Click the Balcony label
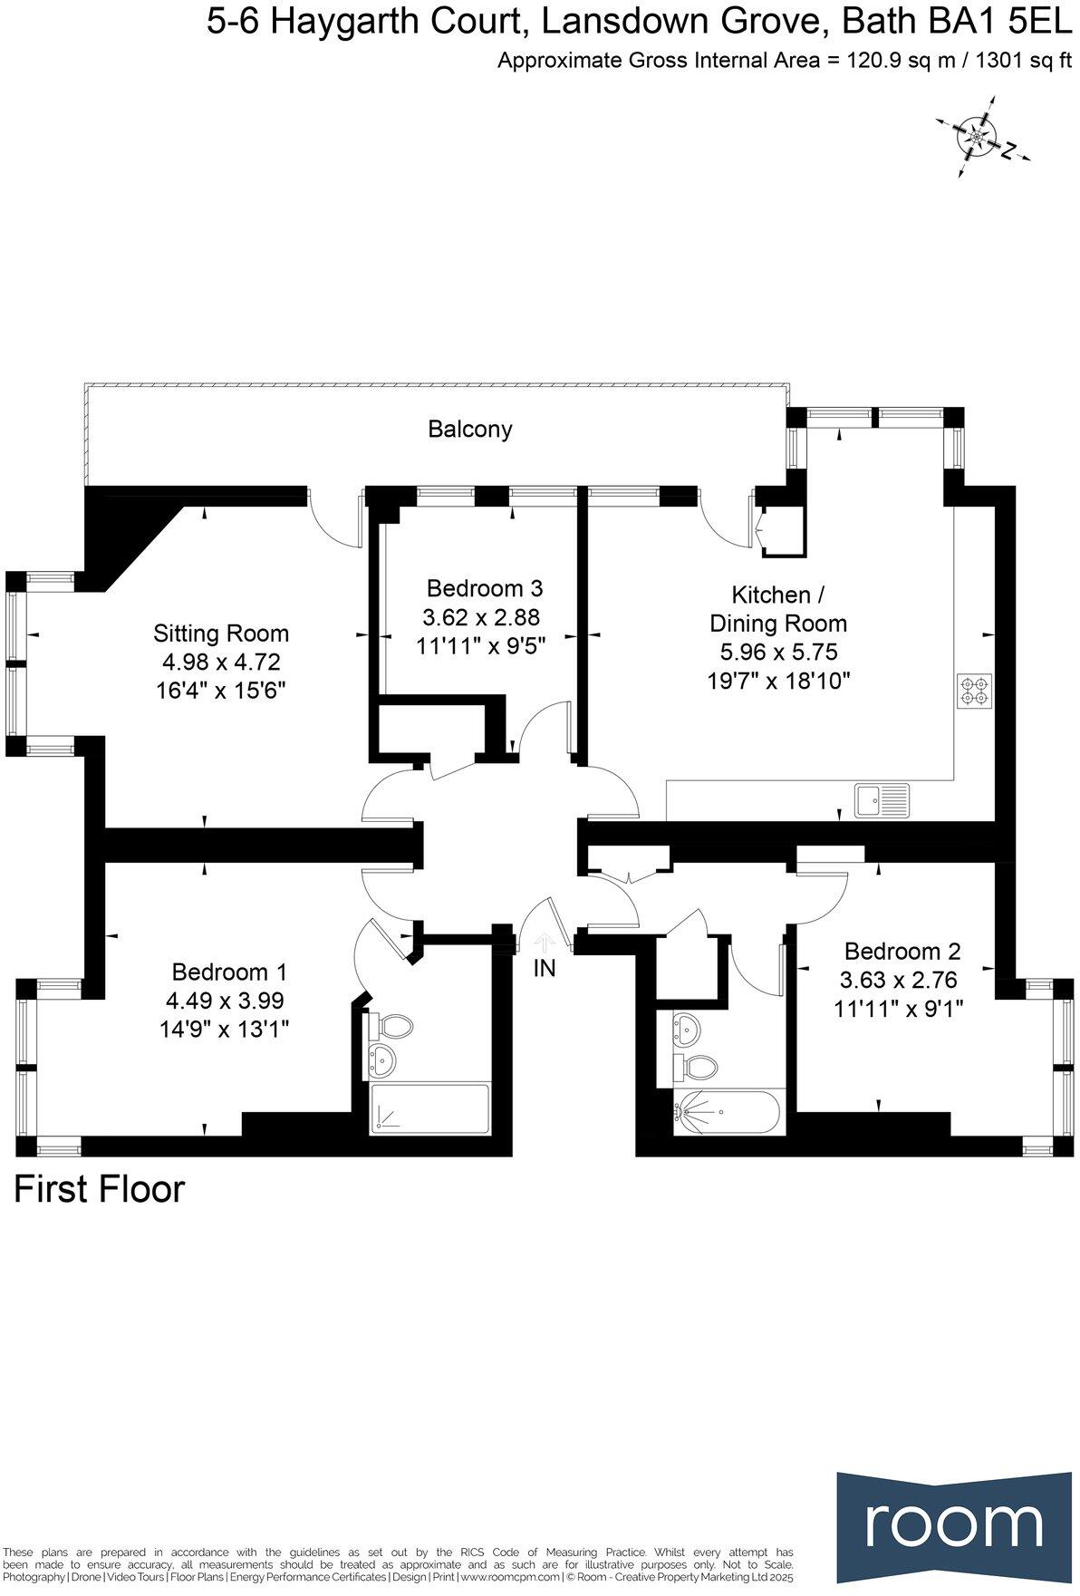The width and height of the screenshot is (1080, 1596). (469, 429)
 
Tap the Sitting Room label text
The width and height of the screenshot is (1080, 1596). (221, 633)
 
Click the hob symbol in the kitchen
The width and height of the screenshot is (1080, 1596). (974, 691)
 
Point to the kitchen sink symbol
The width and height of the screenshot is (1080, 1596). (882, 800)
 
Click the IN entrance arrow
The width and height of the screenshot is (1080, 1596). (545, 942)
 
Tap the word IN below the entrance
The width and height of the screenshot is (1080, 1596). (545, 968)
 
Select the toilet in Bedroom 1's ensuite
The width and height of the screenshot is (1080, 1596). (391, 1028)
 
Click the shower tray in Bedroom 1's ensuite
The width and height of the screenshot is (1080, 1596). (429, 1108)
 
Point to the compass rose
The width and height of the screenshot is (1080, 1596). (979, 137)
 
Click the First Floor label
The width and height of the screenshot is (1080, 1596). (99, 1189)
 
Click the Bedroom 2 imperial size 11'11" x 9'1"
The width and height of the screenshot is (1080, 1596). (898, 1008)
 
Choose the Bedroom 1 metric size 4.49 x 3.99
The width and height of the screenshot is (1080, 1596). (225, 1001)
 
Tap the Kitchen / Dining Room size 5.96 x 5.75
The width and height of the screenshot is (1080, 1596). (778, 652)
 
